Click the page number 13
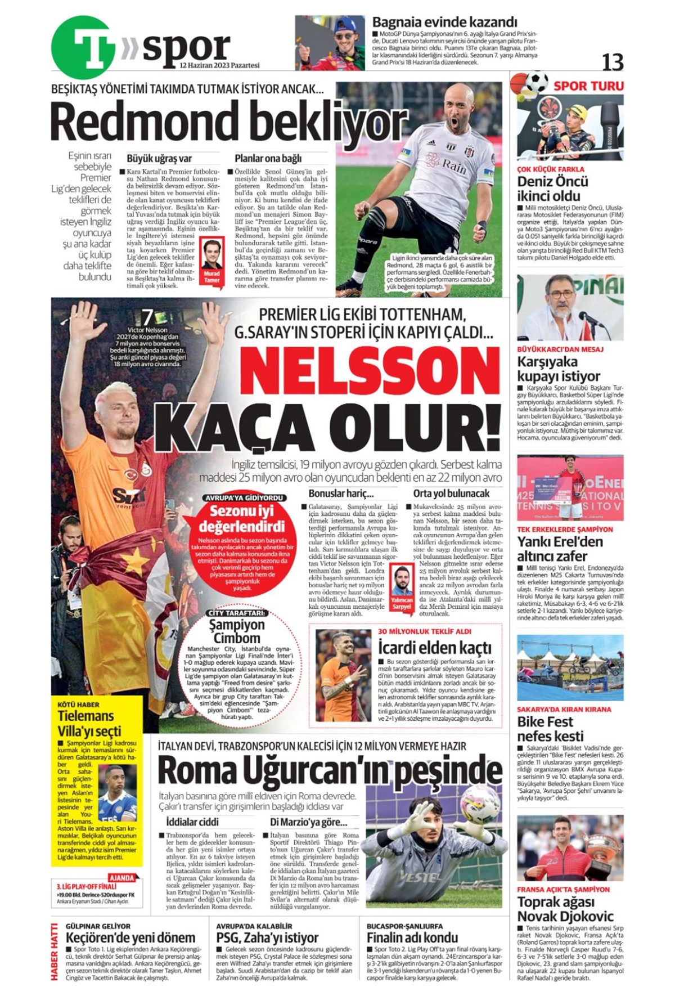612,62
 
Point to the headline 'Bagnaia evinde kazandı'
444,22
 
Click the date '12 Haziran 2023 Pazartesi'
219,66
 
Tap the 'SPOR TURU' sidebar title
588,86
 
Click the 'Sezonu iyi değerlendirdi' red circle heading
241,519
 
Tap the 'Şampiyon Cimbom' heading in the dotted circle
236,631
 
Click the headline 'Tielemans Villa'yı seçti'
89,723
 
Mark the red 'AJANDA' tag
121,878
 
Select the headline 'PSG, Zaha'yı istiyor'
267,938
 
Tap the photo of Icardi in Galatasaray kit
343,675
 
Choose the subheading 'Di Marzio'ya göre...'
308,822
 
